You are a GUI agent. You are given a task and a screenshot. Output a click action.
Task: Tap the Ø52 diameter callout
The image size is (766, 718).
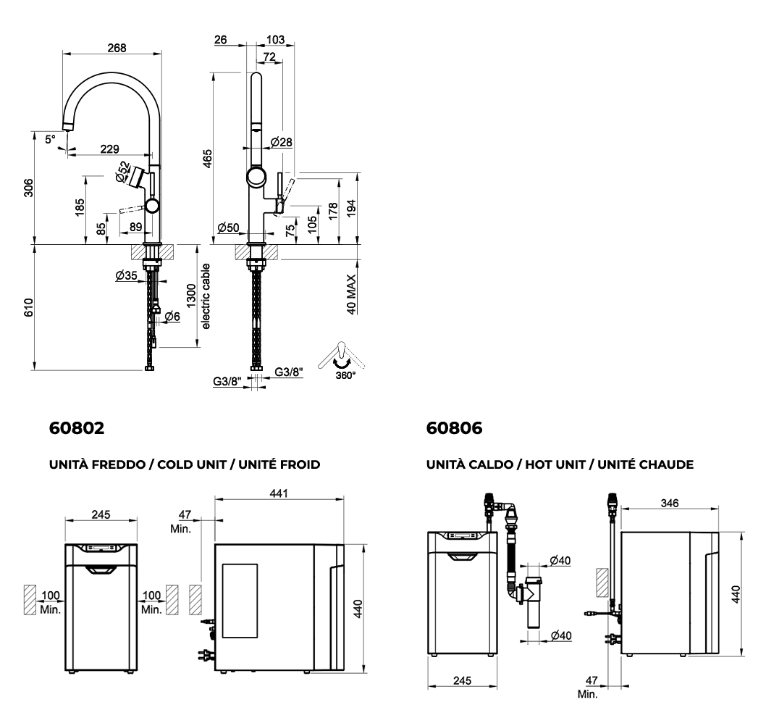pyautogui.click(x=122, y=171)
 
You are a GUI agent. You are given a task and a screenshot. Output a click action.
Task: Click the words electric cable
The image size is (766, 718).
pyautogui.click(x=206, y=297)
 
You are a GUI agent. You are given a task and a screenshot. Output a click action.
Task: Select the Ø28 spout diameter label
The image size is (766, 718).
pyautogui.click(x=281, y=142)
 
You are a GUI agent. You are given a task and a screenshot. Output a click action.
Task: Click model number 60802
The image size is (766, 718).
pyautogui.click(x=76, y=428)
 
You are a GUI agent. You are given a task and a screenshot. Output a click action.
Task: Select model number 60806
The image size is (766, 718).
pyautogui.click(x=454, y=428)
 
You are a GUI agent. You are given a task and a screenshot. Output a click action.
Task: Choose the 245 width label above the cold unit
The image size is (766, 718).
pyautogui.click(x=101, y=514)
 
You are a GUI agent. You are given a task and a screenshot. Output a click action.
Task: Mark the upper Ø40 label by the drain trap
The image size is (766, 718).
pyautogui.click(x=559, y=560)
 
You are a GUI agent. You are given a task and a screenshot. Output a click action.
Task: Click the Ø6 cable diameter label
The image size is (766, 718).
pyautogui.click(x=172, y=316)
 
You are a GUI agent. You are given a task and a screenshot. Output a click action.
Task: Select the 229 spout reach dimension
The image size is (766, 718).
pyautogui.click(x=109, y=149)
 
